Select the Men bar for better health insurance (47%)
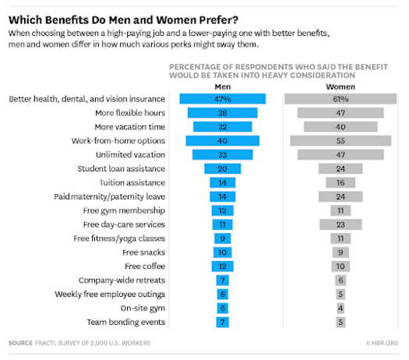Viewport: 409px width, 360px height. [222, 99]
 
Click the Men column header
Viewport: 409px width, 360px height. [222, 86]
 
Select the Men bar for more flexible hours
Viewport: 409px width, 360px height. [222, 113]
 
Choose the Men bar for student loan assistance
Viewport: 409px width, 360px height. [222, 168]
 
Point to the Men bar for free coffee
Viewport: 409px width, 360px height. [222, 266]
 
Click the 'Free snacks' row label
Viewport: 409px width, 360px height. [144, 252]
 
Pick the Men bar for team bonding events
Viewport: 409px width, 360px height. [222, 323]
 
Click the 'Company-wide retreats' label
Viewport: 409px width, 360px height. [122, 281]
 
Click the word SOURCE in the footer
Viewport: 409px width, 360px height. [22, 343]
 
